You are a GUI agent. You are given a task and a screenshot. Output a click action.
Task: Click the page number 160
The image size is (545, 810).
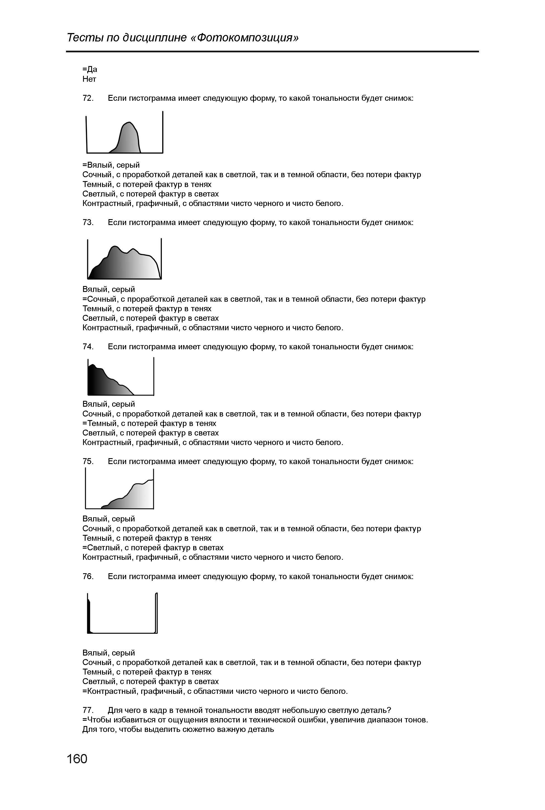[x=77, y=759]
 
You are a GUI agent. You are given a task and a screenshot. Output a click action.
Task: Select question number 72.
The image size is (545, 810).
[x=88, y=99]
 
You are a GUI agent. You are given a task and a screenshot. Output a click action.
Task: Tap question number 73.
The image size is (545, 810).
[x=88, y=223]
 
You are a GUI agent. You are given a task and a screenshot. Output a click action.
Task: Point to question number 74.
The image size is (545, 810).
[x=88, y=347]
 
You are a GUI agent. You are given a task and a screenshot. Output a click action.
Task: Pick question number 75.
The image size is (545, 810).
[x=88, y=462]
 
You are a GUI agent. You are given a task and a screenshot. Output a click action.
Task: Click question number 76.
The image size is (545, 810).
[x=88, y=577]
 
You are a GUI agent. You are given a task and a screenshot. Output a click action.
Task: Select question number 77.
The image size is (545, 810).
[x=88, y=710]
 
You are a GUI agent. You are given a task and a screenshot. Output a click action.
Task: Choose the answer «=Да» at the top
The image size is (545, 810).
[x=90, y=69]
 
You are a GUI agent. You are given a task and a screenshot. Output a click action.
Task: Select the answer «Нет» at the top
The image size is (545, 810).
[x=89, y=79]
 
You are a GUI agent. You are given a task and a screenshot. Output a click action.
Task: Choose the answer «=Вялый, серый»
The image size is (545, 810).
[x=111, y=165]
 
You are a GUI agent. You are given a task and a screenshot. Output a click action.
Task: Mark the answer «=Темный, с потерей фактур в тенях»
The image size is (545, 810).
[x=149, y=423]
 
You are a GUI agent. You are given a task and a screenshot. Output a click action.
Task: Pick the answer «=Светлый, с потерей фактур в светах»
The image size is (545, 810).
[x=153, y=548]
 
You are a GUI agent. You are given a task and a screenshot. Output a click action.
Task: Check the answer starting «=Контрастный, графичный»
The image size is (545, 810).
[x=215, y=691]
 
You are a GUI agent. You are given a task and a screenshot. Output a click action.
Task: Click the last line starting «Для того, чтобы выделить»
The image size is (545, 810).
[x=178, y=730]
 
